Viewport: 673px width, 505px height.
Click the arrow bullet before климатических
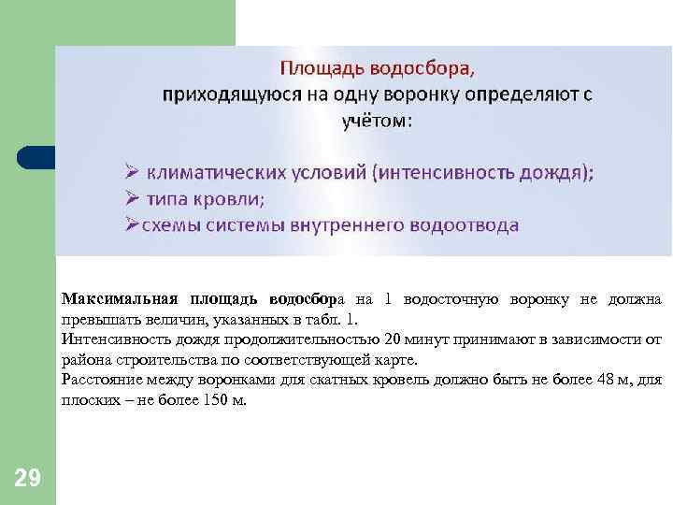click(134, 173)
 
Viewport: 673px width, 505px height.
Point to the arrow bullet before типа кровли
click(134, 198)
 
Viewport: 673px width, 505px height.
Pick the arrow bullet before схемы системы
click(134, 224)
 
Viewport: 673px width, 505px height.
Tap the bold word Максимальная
click(120, 299)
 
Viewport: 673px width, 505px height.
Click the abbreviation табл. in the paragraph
click(311, 319)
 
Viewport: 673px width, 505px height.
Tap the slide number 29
click(28, 479)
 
